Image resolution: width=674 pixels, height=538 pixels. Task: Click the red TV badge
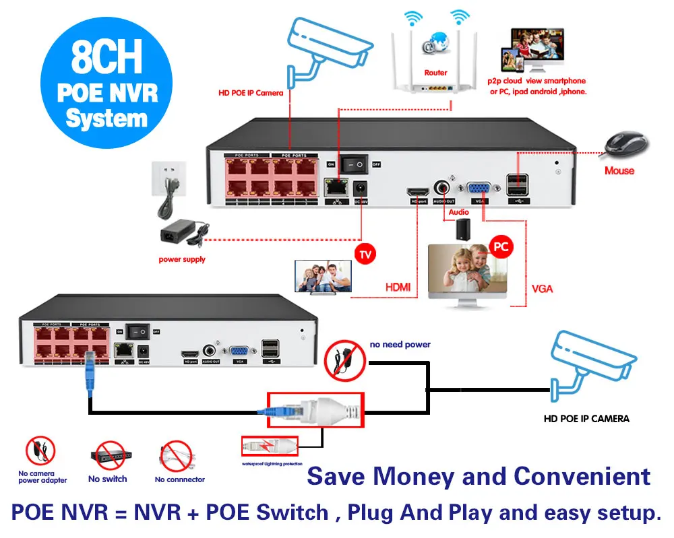point(365,254)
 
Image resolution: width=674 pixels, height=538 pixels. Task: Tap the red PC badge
point(501,246)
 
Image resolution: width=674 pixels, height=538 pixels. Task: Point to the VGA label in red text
point(542,288)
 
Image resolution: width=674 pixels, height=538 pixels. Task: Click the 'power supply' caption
point(182,259)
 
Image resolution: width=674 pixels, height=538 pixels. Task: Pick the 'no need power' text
point(400,344)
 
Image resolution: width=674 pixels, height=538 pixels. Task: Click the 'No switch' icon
point(107,457)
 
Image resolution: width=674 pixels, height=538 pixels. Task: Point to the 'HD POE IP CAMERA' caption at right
point(586,418)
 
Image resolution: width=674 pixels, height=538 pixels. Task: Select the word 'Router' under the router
point(435,73)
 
